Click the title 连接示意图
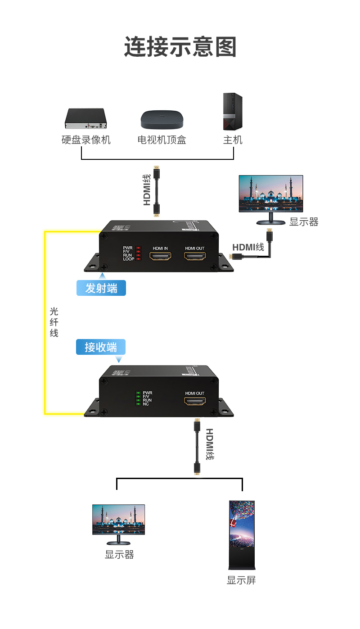click(x=180, y=47)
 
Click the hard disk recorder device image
click(x=85, y=118)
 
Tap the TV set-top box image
click(x=162, y=119)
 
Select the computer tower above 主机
click(x=233, y=112)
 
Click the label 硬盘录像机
click(x=86, y=140)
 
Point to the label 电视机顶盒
click(x=162, y=140)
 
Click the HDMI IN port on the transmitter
click(x=161, y=257)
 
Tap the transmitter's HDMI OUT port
click(x=195, y=257)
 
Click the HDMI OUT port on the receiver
click(x=195, y=402)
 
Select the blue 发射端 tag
click(x=101, y=288)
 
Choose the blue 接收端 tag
click(x=101, y=347)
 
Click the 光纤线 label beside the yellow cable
click(x=54, y=322)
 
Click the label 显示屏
click(x=241, y=580)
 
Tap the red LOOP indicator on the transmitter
click(x=139, y=259)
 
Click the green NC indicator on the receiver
click(x=138, y=404)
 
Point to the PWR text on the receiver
click(x=147, y=393)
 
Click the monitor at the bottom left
click(x=119, y=522)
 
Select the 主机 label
click(x=233, y=140)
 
